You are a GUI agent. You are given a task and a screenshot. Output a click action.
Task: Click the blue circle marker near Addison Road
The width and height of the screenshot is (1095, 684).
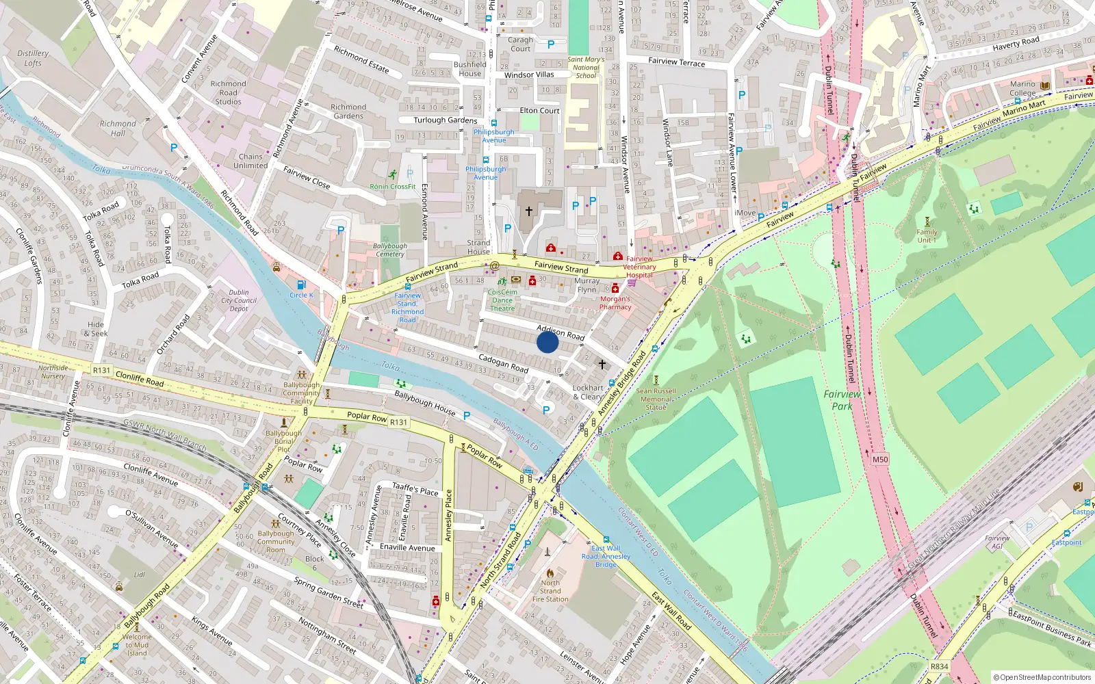click(547, 342)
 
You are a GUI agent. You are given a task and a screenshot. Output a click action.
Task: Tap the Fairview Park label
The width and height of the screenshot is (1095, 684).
click(842, 400)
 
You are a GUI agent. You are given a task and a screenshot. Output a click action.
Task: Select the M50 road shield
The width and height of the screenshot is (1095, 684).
click(880, 460)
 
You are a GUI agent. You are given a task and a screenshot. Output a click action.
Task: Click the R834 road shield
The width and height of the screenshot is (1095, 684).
click(939, 666)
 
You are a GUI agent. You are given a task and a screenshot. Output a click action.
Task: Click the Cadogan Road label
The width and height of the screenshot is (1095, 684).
click(503, 363)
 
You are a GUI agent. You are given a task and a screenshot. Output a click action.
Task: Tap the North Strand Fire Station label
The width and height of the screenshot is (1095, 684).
click(550, 591)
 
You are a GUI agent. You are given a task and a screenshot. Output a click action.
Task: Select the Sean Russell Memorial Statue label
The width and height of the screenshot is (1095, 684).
click(656, 399)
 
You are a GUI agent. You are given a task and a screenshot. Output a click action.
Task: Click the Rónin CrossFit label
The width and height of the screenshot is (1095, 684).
click(393, 186)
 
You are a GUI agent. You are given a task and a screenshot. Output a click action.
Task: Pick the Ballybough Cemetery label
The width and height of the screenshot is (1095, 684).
click(390, 250)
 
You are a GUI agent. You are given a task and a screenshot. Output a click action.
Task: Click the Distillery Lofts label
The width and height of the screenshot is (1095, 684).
click(33, 58)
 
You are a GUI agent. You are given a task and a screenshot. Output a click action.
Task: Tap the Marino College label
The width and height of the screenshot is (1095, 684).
click(1022, 88)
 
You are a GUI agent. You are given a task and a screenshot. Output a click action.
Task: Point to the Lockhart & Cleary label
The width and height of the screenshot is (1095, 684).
click(588, 392)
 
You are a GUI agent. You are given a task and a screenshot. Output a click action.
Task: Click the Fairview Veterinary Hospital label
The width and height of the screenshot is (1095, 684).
click(639, 267)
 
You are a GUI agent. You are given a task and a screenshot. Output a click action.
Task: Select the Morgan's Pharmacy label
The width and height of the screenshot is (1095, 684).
click(615, 303)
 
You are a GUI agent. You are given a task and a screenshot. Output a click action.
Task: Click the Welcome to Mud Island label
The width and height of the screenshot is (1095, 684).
click(137, 644)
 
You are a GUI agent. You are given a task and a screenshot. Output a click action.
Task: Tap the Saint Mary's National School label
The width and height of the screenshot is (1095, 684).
click(586, 68)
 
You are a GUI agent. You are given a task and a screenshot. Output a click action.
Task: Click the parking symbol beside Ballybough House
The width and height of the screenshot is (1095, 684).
click(467, 416)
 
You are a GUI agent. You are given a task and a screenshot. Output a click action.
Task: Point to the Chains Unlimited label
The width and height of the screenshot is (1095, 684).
click(250, 161)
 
